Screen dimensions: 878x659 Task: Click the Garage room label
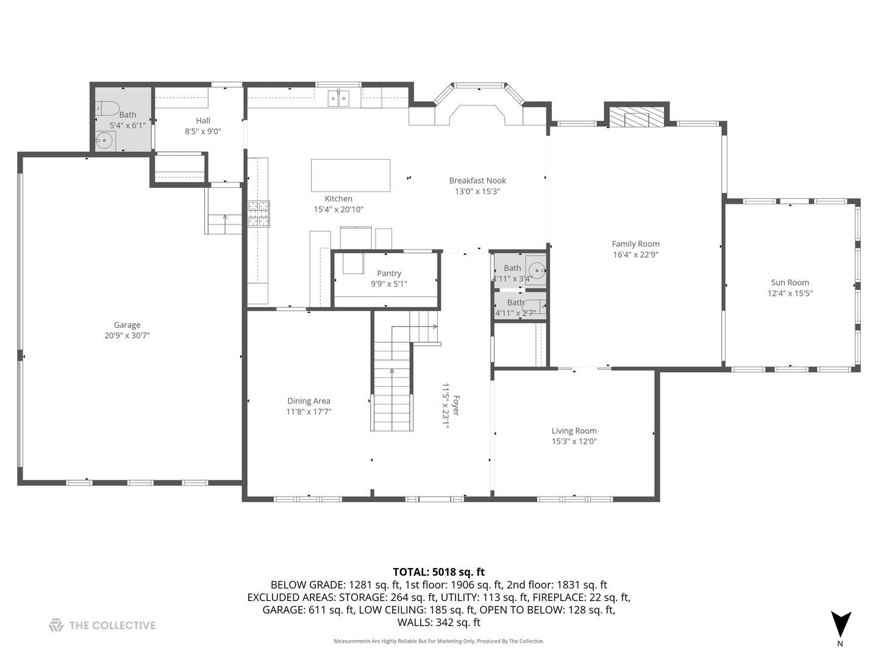(x=127, y=325)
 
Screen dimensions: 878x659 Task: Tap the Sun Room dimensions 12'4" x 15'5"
(x=790, y=293)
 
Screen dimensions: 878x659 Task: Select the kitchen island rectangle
(x=351, y=176)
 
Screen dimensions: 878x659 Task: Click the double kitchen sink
(x=338, y=98)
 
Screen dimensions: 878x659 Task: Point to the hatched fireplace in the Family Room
(x=637, y=117)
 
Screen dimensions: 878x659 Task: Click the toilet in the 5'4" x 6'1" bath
(x=107, y=109)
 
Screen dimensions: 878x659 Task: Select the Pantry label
(x=389, y=273)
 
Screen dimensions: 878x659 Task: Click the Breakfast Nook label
(x=477, y=181)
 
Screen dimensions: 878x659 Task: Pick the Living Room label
(x=574, y=431)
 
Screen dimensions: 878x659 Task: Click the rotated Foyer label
(x=456, y=405)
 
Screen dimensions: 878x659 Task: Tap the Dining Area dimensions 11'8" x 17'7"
(x=309, y=412)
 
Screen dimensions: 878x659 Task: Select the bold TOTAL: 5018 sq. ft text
(x=438, y=572)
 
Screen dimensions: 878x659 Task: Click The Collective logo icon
(x=56, y=625)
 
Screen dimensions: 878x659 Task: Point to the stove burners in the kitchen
(x=259, y=214)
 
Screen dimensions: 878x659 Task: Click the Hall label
(x=203, y=120)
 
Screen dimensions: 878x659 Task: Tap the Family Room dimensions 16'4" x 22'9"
(x=635, y=254)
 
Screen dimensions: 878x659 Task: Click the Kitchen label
(x=338, y=198)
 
